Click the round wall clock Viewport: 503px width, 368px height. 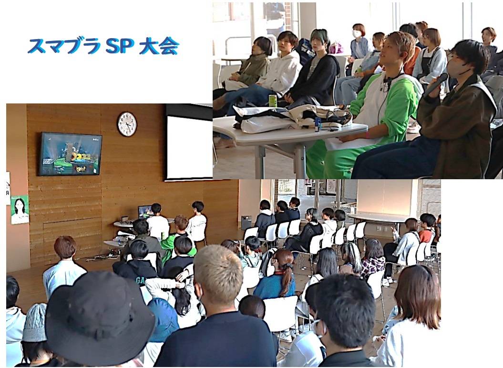(127, 124)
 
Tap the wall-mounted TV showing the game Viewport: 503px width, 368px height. (70, 154)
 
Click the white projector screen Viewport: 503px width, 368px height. (189, 147)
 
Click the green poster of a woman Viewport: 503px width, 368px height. (20, 210)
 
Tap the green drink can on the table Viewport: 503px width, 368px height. (273, 101)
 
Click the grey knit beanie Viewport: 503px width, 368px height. (35, 322)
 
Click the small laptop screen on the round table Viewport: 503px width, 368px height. (145, 212)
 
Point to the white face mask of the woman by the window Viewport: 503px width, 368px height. (357, 34)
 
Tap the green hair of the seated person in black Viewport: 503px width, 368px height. (319, 36)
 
